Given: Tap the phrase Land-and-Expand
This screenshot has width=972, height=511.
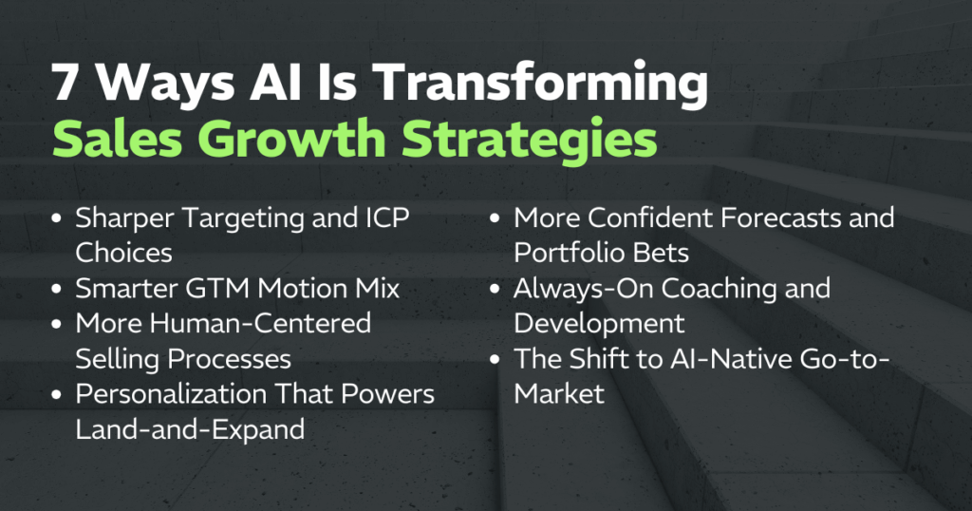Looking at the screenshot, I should click(190, 428).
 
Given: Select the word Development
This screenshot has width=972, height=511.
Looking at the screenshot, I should click(599, 323).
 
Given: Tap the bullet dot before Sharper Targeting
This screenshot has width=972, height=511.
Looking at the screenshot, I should click(58, 218).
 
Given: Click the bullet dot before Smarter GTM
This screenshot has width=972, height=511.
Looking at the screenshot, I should click(58, 288).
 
